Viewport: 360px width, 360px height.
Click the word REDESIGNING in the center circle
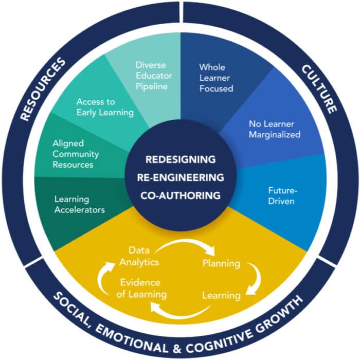click(x=180, y=159)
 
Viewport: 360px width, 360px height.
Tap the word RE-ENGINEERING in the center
click(x=180, y=177)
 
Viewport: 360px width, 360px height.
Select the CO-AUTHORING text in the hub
click(x=180, y=195)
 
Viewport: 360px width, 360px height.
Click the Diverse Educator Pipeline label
click(x=152, y=76)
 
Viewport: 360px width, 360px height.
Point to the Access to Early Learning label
click(x=105, y=107)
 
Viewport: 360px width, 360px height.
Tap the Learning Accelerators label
click(x=80, y=204)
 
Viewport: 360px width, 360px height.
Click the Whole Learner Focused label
click(x=217, y=78)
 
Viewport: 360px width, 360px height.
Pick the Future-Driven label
click(x=281, y=195)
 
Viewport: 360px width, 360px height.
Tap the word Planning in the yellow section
click(x=221, y=264)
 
